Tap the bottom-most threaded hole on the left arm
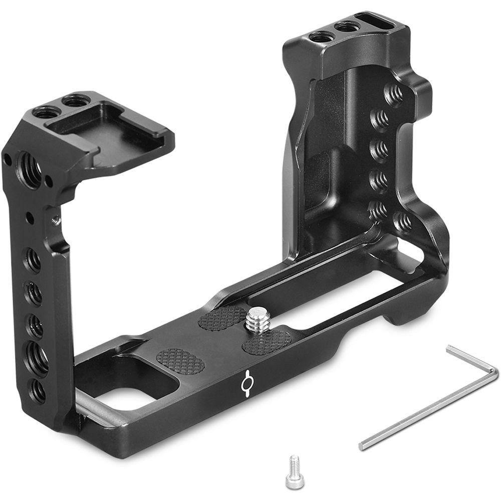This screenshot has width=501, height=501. click(x=37, y=390)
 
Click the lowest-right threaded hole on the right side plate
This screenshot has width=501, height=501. click(x=403, y=221)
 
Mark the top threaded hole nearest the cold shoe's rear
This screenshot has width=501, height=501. click(x=75, y=101)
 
